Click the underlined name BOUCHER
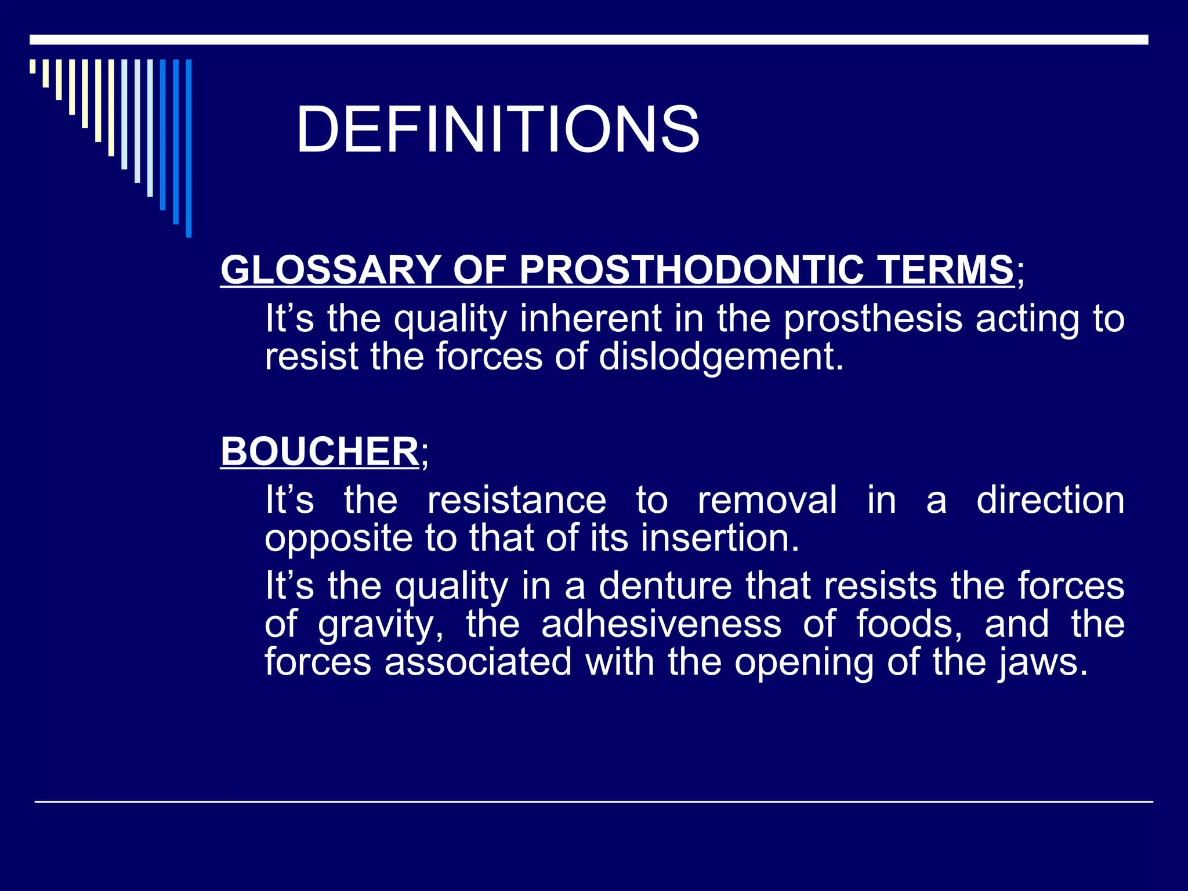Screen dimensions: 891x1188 tap(320, 451)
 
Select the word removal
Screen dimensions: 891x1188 tap(767, 500)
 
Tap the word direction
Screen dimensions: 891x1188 tap(1050, 500)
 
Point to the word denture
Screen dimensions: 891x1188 tap(665, 586)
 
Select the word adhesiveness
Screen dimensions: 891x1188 tap(661, 624)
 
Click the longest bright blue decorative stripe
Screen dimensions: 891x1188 tap(189, 148)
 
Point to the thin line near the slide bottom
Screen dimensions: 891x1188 tap(594, 802)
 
